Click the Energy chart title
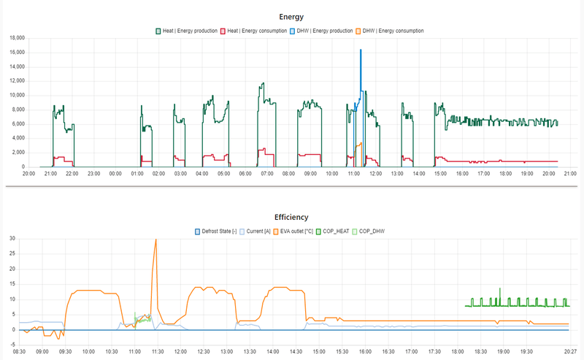click(292, 17)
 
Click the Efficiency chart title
click(292, 217)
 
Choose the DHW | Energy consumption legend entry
click(390, 31)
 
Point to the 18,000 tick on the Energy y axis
click(15, 38)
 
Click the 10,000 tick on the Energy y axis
click(15, 95)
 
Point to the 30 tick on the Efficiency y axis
click(11, 238)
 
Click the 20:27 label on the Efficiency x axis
click(569, 351)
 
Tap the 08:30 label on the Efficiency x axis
click(20, 351)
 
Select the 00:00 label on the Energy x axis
click(115, 174)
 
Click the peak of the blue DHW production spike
click(361, 50)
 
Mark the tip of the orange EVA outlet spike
click(155, 239)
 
